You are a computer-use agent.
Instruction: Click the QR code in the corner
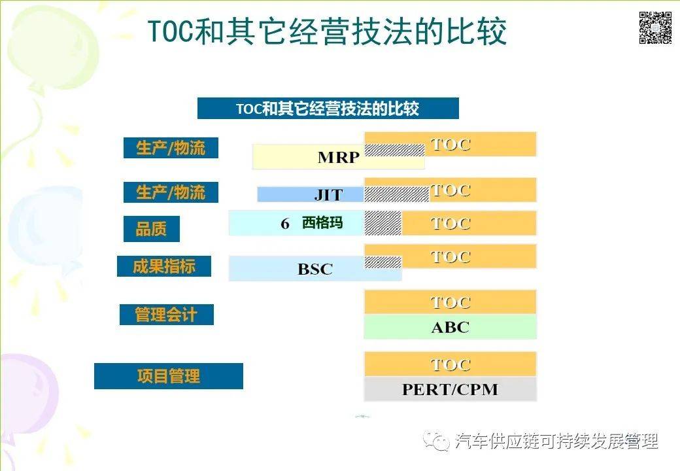(x=655, y=28)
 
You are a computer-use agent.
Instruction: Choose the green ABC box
(x=450, y=327)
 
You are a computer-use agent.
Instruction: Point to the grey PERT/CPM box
(x=450, y=389)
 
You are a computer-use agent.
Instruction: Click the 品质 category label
(x=151, y=229)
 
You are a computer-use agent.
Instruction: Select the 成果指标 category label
(x=163, y=266)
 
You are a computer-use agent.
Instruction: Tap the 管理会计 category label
(x=166, y=315)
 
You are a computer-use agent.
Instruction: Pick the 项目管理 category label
(x=168, y=376)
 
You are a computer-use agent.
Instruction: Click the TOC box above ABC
(x=450, y=302)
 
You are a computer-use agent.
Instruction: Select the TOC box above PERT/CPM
(x=450, y=364)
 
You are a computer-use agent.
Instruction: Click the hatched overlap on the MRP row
(x=394, y=150)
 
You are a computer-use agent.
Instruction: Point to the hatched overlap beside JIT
(x=396, y=194)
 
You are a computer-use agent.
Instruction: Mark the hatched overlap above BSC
(x=382, y=262)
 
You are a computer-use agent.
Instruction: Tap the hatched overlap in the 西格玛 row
(x=382, y=223)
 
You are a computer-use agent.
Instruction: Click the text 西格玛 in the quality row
(x=322, y=223)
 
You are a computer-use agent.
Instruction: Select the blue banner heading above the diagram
(x=328, y=109)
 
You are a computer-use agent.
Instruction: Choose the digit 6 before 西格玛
(x=285, y=224)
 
